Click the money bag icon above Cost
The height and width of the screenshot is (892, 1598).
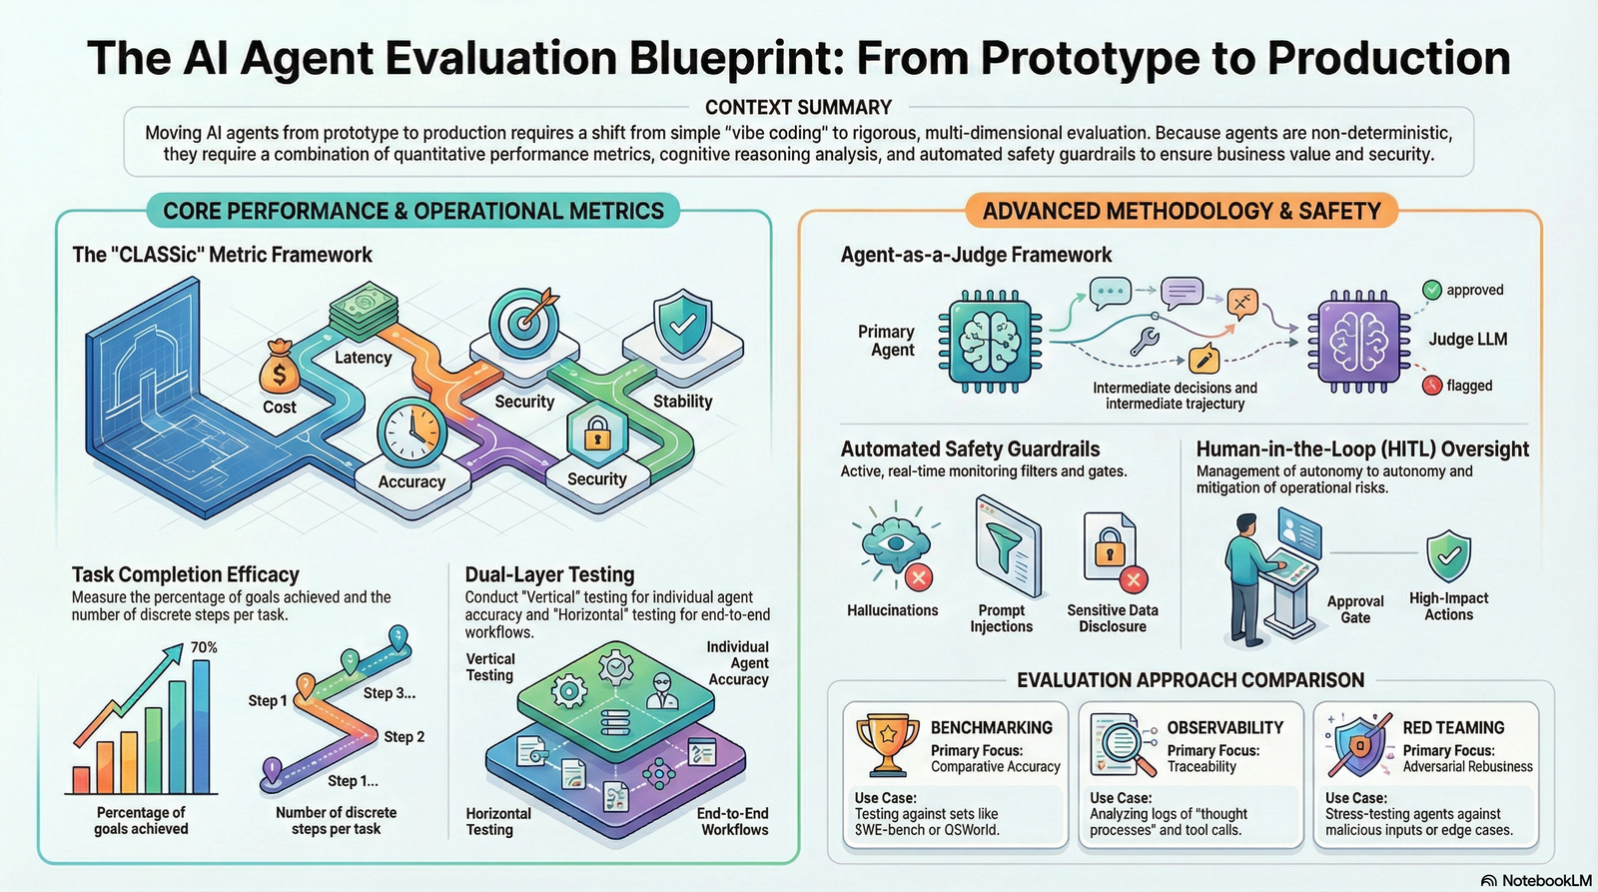coord(279,368)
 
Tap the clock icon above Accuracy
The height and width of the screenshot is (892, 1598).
coord(411,433)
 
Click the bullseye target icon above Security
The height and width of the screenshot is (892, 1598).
coord(523,319)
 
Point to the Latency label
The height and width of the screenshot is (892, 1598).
coord(363,358)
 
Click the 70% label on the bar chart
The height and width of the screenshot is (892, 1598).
coord(204,647)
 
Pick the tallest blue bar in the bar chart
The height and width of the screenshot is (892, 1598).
coord(201,726)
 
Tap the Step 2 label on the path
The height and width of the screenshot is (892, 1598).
coord(403,737)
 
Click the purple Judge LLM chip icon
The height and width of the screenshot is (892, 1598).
coord(1358,341)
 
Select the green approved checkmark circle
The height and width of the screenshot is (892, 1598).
coord(1432,290)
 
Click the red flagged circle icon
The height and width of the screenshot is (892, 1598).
coord(1432,386)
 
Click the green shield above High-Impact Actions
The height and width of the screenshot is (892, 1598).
coord(1448,555)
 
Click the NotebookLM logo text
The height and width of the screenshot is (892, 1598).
coord(1545,880)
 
